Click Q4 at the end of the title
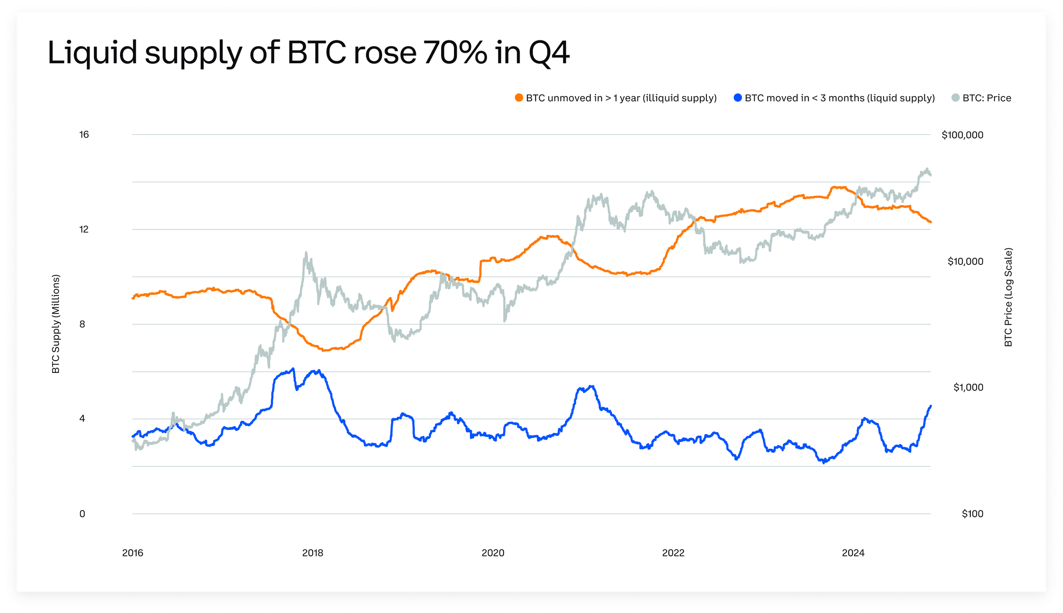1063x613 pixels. [549, 53]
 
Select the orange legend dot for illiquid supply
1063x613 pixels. [519, 98]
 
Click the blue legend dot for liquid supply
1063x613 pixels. [737, 98]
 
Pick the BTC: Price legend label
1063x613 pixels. [986, 98]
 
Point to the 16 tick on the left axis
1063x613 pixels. [84, 135]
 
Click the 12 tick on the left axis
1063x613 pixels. [84, 229]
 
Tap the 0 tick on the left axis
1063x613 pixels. [82, 514]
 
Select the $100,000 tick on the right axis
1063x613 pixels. [962, 135]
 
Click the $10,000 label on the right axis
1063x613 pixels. [965, 261]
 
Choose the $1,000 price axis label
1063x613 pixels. [968, 388]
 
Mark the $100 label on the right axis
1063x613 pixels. [972, 514]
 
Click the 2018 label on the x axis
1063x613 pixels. [313, 553]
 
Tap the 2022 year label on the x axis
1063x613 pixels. [673, 553]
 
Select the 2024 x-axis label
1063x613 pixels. [853, 553]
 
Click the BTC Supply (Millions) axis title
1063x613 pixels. [56, 324]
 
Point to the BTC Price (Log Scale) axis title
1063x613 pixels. [1009, 297]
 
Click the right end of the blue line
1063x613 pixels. [931, 406]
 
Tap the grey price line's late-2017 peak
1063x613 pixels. [306, 253]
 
